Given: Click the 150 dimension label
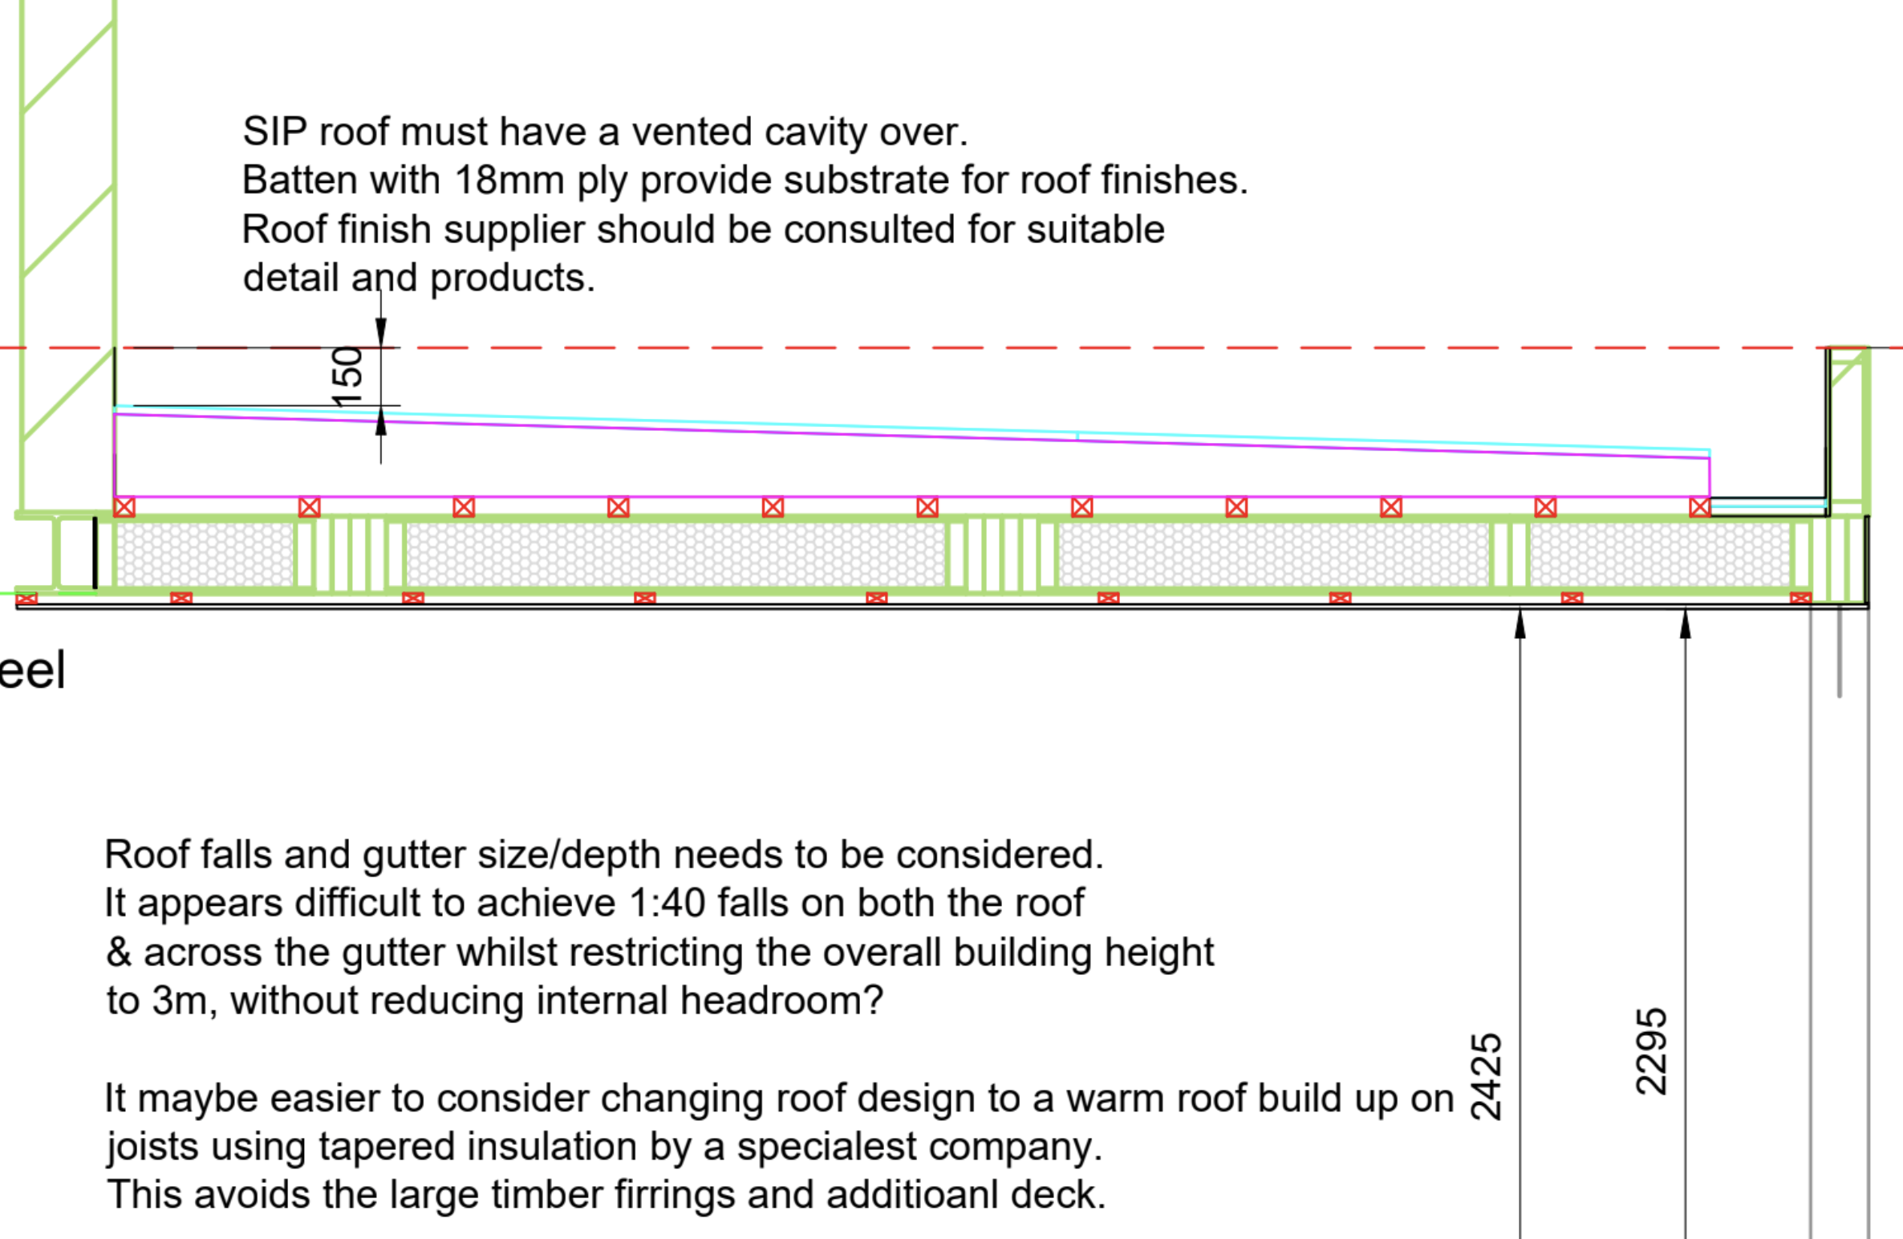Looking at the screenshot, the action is pos(347,376).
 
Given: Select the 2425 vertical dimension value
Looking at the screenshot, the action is pos(1486,1076).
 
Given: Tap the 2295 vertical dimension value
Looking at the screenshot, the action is pos(1651,1051).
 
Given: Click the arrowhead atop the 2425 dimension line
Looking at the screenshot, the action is pos(1520,624).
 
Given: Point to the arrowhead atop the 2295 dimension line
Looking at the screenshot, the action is pos(1685,624).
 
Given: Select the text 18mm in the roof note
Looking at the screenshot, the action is pos(509,180).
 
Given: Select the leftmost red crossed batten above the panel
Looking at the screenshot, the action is pos(124,507).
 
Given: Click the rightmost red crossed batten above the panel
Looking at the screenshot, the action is pos(1699,507).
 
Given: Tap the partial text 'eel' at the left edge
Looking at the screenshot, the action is pos(32,671).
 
